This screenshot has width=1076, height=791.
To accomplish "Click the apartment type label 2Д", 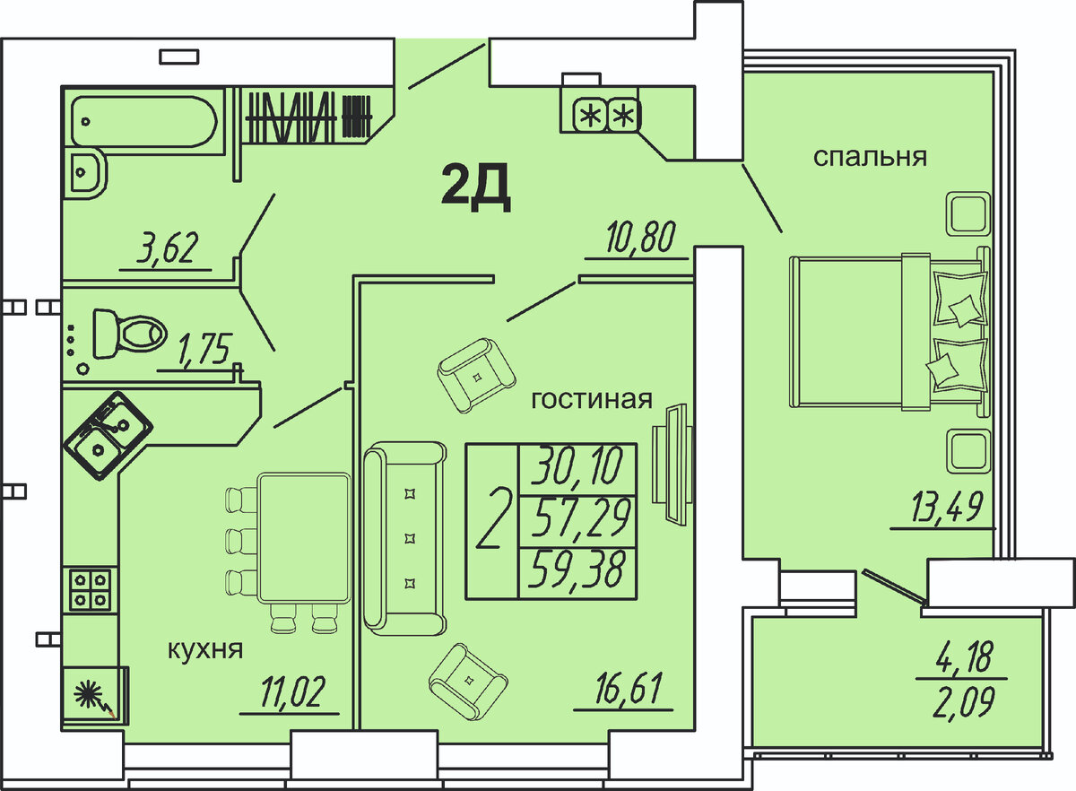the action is [x=475, y=188].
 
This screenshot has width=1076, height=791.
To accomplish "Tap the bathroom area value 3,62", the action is [x=167, y=248].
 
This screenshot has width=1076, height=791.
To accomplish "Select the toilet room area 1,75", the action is [x=205, y=349].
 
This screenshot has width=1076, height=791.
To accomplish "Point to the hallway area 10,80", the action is [x=641, y=237].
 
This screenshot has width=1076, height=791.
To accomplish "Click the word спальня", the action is [x=870, y=157].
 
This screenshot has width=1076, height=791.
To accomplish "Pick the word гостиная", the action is [x=592, y=399].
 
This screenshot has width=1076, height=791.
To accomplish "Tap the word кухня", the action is [x=205, y=650].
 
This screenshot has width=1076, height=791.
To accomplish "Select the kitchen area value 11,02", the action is [x=292, y=691].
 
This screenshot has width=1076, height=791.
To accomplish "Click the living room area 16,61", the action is [x=629, y=688].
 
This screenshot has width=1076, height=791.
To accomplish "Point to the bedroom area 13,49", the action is [x=946, y=507].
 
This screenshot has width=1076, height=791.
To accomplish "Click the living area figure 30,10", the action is [x=577, y=465].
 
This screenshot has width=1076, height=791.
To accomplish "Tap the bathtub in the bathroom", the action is [x=144, y=121].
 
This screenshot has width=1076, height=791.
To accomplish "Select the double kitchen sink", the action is [x=108, y=437].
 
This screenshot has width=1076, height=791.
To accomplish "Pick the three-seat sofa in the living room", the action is [x=405, y=539].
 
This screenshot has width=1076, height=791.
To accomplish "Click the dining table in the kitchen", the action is [x=304, y=538].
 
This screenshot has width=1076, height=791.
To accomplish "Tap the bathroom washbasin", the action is [x=88, y=172].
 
